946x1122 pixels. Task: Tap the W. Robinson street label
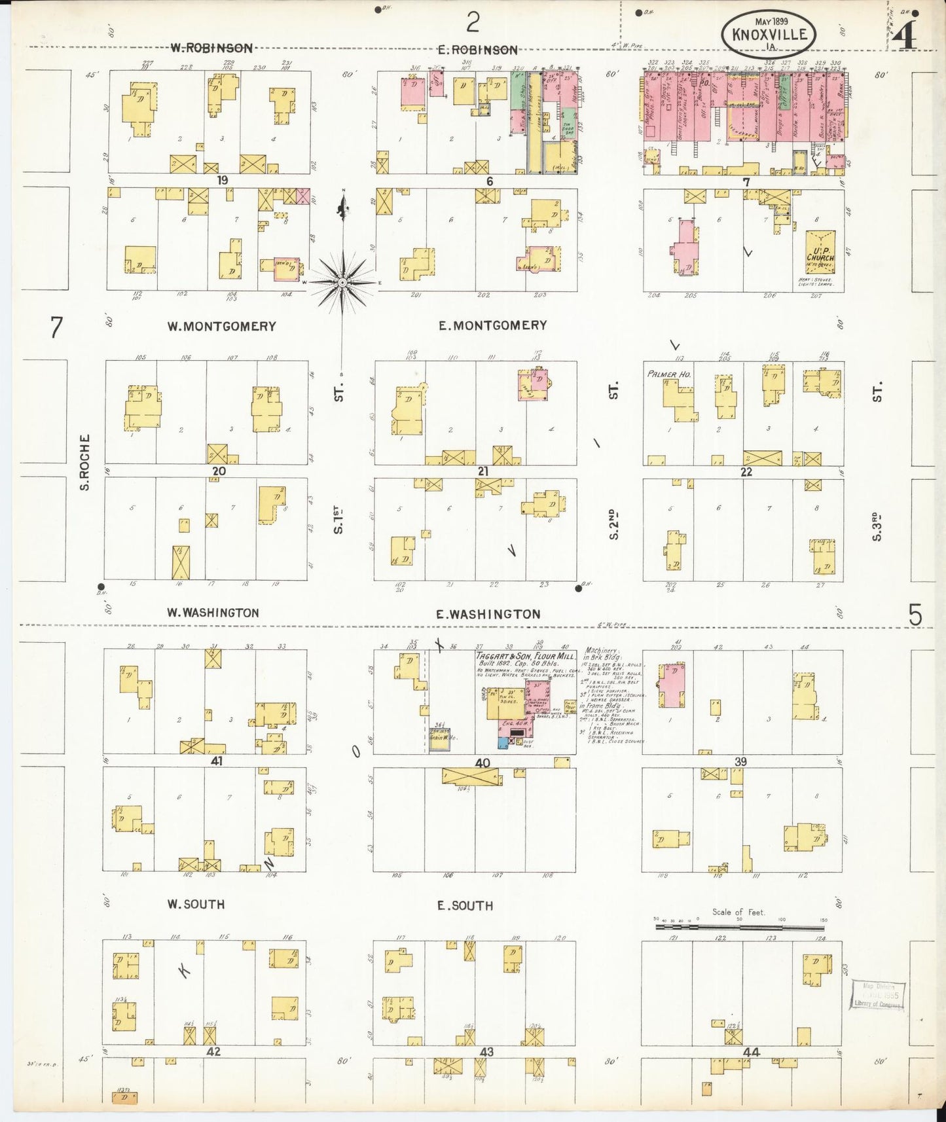pos(211,48)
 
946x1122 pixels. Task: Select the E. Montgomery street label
pos(492,325)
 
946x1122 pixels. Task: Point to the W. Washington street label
pos(212,613)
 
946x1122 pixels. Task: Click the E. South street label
pos(465,905)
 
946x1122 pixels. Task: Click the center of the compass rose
pos(341,282)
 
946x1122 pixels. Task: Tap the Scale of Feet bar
pos(740,927)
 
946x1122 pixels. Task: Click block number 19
pos(224,180)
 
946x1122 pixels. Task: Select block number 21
pos(483,471)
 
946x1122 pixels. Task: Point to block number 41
pos(217,762)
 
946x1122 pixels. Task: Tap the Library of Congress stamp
pos(877,995)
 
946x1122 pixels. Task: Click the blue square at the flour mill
pos(503,742)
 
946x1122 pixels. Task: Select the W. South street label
pos(196,904)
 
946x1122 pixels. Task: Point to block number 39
pos(740,762)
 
